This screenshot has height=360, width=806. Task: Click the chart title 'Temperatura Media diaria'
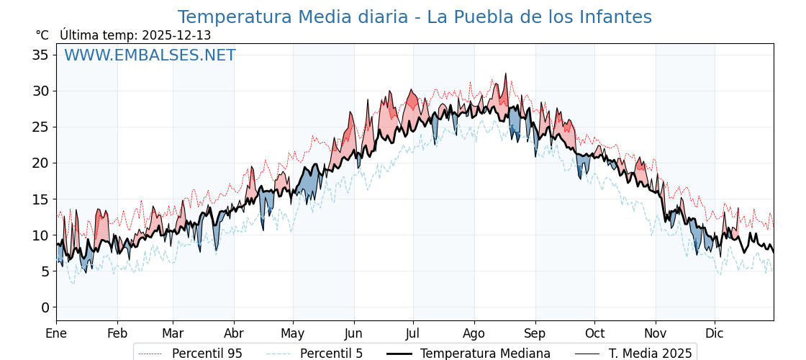click(x=415, y=17)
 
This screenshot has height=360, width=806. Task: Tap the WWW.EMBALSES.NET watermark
click(x=150, y=55)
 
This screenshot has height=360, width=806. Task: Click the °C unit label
click(x=42, y=35)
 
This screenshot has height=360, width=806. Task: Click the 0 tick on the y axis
click(x=45, y=307)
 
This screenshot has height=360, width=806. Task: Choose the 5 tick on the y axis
click(x=45, y=271)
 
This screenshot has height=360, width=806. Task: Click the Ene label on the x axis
click(x=56, y=333)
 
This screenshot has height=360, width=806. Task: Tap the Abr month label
click(x=234, y=333)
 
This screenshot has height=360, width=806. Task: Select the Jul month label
click(x=413, y=333)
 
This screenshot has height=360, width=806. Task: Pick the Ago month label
click(x=474, y=333)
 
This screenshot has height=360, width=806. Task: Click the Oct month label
click(x=594, y=333)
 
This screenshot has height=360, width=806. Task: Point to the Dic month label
click(x=715, y=333)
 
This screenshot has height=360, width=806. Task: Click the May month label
click(x=293, y=333)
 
